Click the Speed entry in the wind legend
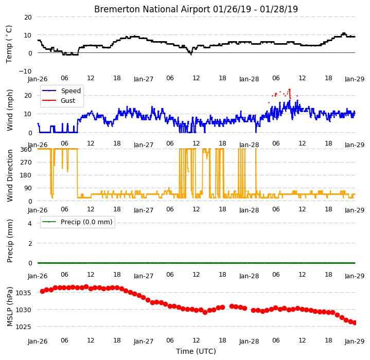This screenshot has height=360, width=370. (71, 91)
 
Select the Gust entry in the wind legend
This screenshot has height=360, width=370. (68, 101)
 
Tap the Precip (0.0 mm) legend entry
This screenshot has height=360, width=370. (86, 222)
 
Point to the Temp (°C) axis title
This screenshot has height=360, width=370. (9, 44)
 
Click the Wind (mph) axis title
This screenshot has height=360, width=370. (10, 110)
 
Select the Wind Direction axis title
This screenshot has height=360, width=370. (10, 176)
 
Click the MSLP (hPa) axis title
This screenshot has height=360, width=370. (10, 307)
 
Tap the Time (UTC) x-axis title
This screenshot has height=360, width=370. (196, 351)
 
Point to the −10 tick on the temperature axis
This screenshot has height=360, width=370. (25, 71)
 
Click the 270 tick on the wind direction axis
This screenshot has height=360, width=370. (26, 163)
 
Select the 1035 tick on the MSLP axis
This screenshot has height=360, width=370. (23, 293)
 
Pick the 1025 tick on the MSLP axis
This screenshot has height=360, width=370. (23, 327)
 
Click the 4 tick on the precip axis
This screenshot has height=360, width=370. (30, 224)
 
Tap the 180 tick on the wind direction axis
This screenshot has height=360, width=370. (26, 175)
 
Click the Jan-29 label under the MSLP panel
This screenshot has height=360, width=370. (355, 341)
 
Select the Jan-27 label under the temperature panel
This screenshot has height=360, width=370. (144, 79)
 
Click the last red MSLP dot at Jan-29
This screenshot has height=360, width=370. (354, 323)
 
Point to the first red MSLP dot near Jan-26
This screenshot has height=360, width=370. (43, 292)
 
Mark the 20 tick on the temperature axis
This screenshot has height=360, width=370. (28, 17)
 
